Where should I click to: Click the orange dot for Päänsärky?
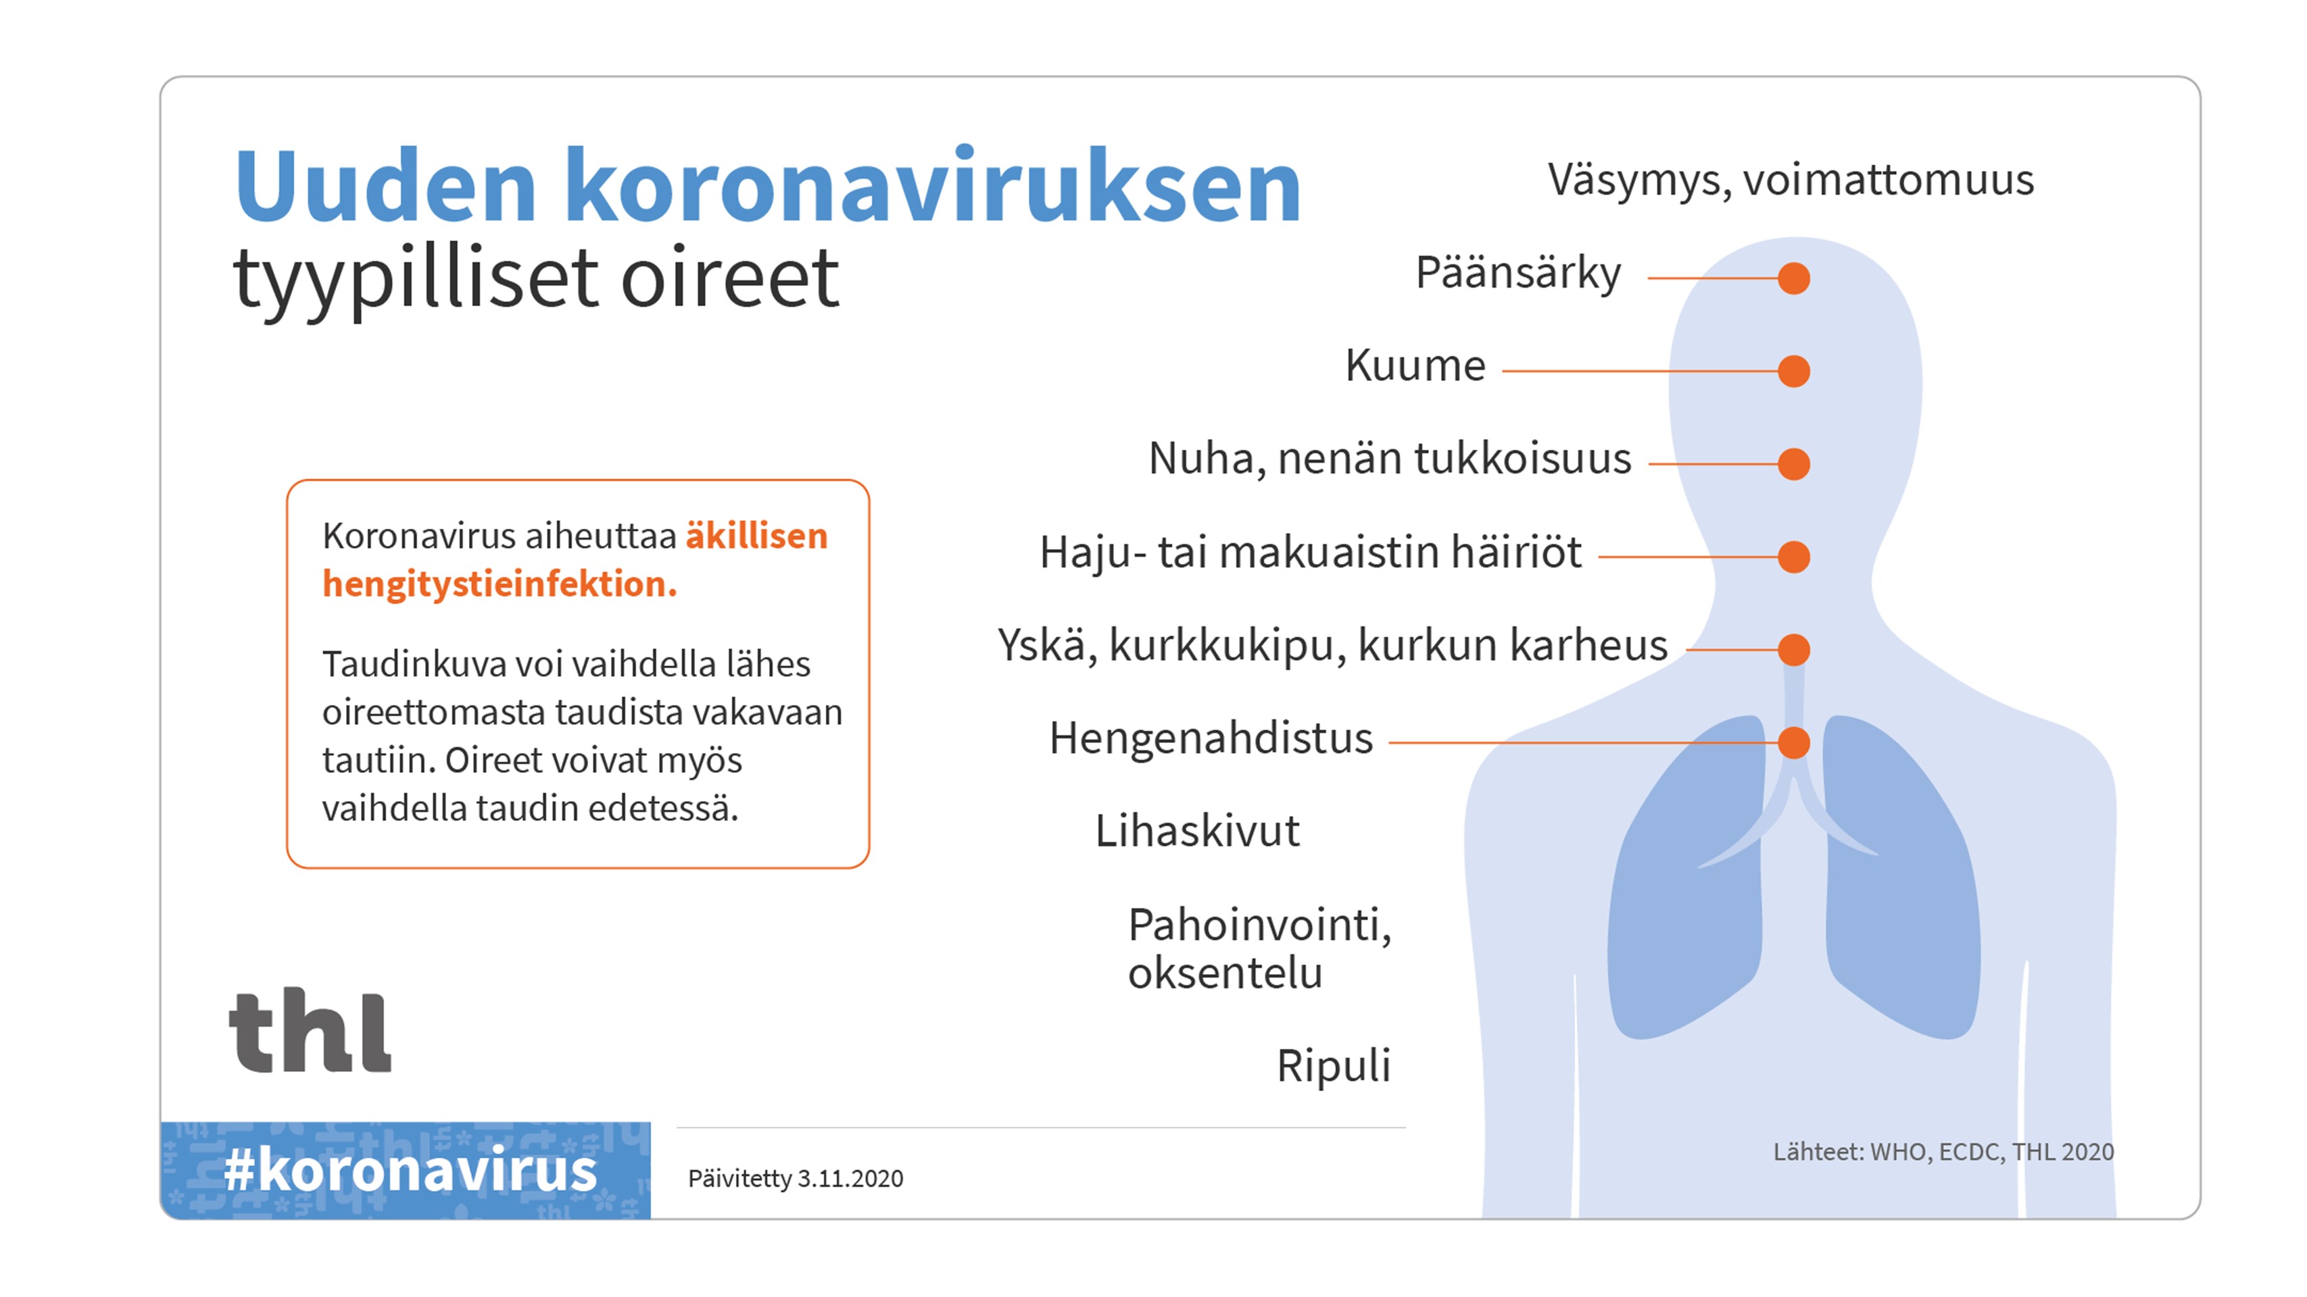pyautogui.click(x=1794, y=278)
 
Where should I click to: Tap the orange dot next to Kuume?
pyautogui.click(x=1794, y=371)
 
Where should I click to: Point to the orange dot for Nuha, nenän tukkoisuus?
pyautogui.click(x=1794, y=463)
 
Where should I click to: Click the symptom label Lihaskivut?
pyautogui.click(x=1197, y=831)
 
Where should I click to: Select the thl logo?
pyautogui.click(x=310, y=1030)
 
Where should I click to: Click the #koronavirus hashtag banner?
pyautogui.click(x=406, y=1170)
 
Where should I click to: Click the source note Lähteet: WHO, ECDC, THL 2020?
pyautogui.click(x=1943, y=1152)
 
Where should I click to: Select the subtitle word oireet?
pyautogui.click(x=730, y=278)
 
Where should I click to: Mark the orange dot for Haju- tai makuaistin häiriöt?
pyautogui.click(x=1794, y=557)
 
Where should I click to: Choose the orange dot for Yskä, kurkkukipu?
pyautogui.click(x=1794, y=650)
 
